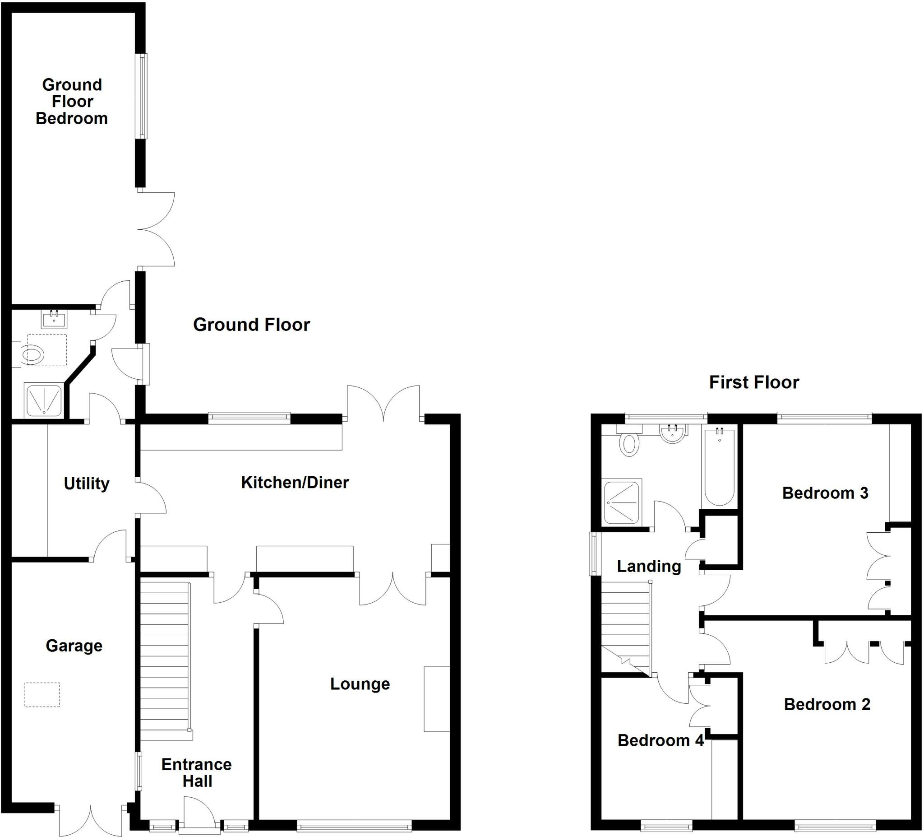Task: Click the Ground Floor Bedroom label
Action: coord(72,102)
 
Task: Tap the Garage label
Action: coord(74,646)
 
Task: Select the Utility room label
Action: coord(87,484)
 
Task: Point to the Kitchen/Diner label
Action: coord(295,482)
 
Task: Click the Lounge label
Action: coord(360,684)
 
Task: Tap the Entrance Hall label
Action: coord(197,772)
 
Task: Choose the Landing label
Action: coord(648,566)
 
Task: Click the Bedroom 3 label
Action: coord(825,493)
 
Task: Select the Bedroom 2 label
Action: coord(827,704)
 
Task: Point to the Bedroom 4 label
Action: coord(661,740)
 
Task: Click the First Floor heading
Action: coord(754,382)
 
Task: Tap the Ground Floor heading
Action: coord(252,325)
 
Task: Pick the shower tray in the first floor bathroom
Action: coord(622,502)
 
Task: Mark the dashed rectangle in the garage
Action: coord(42,694)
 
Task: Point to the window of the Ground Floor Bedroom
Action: coord(143,96)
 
